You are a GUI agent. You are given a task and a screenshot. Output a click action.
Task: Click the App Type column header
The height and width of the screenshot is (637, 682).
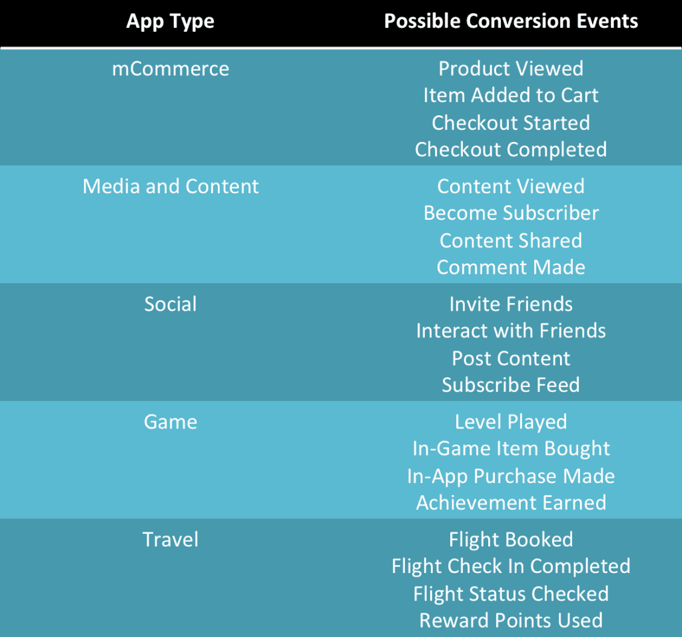[x=170, y=21]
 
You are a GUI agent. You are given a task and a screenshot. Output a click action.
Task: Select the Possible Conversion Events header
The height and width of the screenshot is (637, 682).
[x=511, y=21]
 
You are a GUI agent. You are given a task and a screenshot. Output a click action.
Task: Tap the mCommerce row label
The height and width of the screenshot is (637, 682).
[x=170, y=69]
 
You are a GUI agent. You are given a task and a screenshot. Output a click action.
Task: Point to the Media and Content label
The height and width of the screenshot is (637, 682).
[x=170, y=187]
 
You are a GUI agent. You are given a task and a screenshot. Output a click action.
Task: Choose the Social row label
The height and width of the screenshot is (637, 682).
[x=170, y=305]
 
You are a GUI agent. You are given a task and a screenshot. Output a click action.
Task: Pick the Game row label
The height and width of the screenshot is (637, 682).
[x=170, y=422]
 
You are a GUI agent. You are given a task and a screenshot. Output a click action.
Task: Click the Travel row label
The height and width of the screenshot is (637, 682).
[x=170, y=540]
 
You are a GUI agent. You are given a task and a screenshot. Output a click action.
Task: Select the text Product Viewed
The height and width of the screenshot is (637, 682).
[x=511, y=69]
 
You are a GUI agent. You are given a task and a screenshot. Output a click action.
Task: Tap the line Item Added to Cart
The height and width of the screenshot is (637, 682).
[x=511, y=95]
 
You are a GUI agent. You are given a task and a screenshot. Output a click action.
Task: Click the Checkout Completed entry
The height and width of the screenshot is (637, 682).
[x=511, y=149]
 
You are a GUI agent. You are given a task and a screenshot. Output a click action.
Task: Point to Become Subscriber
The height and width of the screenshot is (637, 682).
[x=511, y=213]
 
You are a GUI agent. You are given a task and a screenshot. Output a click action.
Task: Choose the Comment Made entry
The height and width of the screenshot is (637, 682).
[x=511, y=267]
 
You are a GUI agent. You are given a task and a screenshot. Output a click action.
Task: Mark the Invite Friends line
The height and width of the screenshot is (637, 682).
[x=511, y=305]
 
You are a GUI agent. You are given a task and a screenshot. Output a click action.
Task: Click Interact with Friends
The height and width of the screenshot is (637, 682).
[x=511, y=331]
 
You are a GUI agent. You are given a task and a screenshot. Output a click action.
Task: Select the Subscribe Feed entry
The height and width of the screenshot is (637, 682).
[x=511, y=385]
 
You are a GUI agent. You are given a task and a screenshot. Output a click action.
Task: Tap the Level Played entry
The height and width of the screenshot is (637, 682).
[x=511, y=422]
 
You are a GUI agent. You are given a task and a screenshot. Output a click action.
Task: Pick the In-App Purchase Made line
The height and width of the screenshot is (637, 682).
[x=511, y=476]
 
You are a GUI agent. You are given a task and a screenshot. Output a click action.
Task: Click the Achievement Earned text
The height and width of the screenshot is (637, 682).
[x=511, y=503]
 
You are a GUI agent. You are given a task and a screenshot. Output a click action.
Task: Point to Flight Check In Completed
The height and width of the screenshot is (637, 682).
[x=511, y=566]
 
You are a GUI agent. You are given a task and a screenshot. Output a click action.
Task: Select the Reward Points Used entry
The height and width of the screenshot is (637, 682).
[x=511, y=620]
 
